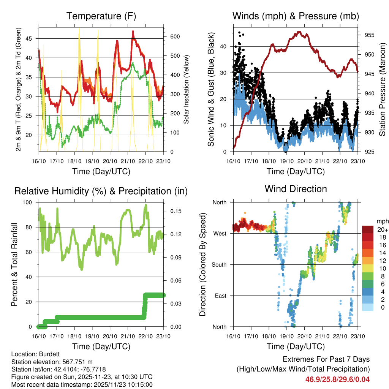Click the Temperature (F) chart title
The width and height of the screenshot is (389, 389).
coord(101,16)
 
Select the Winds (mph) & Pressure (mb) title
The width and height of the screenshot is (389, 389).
coord(296,16)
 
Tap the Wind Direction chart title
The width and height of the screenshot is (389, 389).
coord(296,189)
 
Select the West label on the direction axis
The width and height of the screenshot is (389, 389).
coord(220,233)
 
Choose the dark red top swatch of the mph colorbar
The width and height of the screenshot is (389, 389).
coord(367,229)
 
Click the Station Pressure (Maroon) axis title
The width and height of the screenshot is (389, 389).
coord(383,89)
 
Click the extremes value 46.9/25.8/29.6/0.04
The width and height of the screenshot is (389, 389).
coord(337,379)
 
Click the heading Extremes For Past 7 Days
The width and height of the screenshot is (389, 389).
coord(326,359)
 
